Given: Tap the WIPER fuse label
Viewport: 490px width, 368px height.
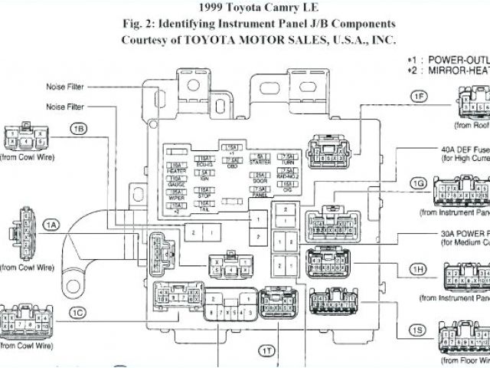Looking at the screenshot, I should point(177,195).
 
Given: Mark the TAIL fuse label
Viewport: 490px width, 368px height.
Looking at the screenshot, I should point(204,209).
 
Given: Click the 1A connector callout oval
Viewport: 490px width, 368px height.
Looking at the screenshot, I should point(51,225).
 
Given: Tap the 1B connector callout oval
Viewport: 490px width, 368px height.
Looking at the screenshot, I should point(79,129).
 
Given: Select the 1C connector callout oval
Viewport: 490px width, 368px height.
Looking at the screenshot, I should point(77,312).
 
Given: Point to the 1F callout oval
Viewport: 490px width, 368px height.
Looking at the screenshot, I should point(418,96).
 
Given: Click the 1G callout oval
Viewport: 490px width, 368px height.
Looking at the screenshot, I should point(418,183).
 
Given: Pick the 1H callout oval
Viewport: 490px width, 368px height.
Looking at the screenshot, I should point(418,269).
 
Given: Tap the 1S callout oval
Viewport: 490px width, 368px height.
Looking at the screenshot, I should point(416,330).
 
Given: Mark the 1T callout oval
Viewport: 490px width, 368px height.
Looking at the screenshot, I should point(266,350).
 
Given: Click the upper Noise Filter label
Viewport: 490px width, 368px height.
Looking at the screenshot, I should point(66,87).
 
